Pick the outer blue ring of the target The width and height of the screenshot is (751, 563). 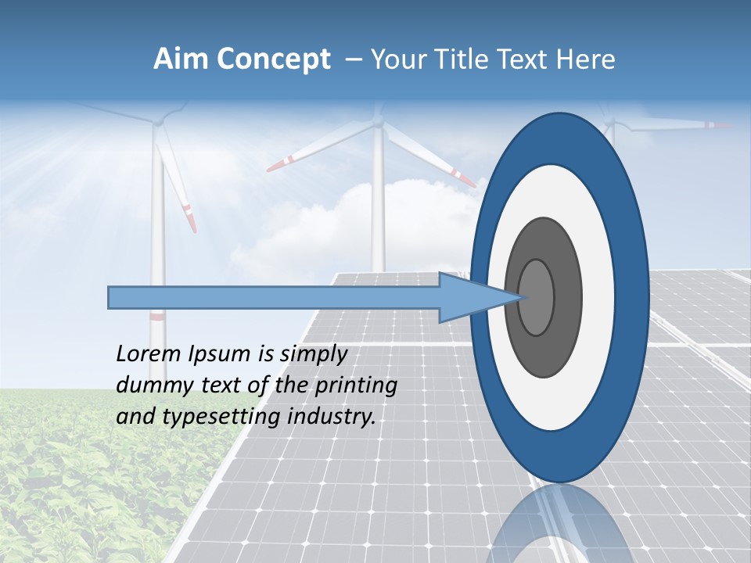(x=636, y=297)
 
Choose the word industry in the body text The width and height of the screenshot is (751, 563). (x=332, y=417)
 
